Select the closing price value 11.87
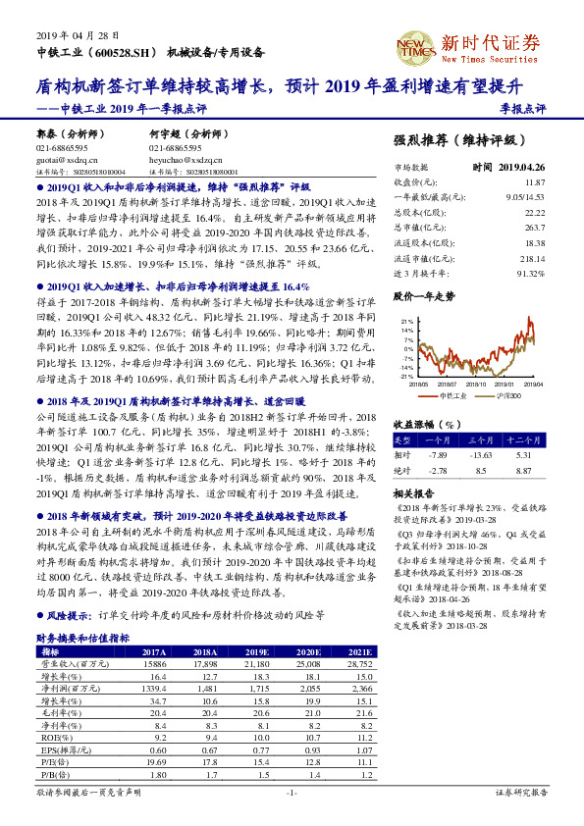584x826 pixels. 534,182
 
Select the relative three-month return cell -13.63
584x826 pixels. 479,455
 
